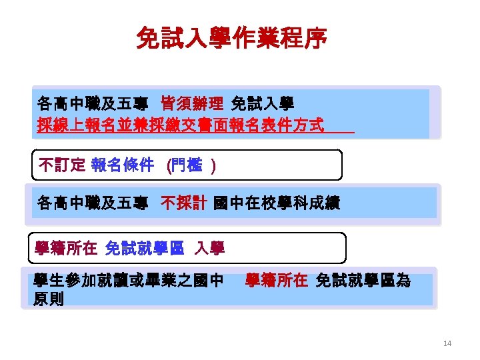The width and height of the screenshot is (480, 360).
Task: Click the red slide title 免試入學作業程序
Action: click(231, 38)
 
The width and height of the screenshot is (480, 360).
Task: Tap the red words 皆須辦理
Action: click(192, 104)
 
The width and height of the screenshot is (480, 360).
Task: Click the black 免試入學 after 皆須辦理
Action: click(263, 104)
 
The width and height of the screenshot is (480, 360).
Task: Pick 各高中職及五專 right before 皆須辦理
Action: click(92, 104)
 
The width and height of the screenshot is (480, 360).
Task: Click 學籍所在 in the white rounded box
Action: click(66, 249)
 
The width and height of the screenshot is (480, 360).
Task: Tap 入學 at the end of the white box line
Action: click(209, 249)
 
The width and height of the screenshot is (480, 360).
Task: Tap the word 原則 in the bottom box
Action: click(49, 299)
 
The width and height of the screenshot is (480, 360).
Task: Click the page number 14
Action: click(447, 343)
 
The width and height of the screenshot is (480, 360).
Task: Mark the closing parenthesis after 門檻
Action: click(212, 165)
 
